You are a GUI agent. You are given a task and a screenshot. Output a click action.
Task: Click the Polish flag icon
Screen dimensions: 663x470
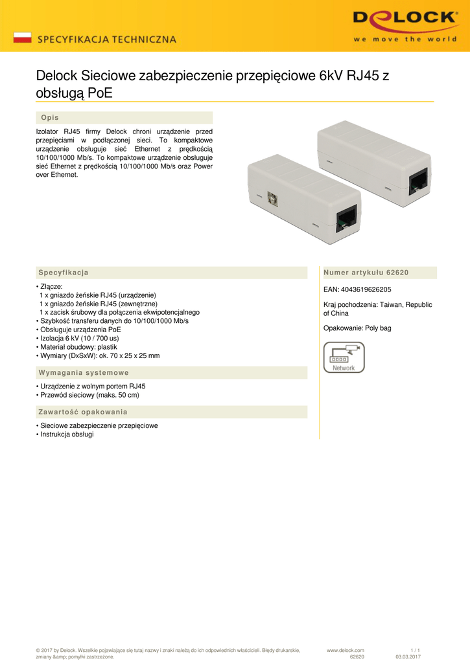(x=22, y=38)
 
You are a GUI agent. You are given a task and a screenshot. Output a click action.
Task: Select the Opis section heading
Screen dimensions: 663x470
(x=50, y=118)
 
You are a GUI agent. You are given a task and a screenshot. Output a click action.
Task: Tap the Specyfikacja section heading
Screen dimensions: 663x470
(x=64, y=273)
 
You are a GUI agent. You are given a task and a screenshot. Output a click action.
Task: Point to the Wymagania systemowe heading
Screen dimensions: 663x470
(x=84, y=373)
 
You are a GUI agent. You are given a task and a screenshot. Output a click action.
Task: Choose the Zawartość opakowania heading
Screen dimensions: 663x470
(x=83, y=412)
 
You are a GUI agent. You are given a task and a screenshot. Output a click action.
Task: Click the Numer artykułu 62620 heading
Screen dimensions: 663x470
(x=366, y=273)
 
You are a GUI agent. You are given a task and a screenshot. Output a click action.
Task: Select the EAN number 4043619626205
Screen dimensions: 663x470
(x=357, y=289)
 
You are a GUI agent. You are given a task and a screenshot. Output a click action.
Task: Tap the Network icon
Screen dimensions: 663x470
(x=344, y=357)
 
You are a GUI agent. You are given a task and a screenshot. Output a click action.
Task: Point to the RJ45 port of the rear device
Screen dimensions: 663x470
(x=418, y=182)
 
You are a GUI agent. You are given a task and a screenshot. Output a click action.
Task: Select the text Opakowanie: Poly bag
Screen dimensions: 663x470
(x=357, y=328)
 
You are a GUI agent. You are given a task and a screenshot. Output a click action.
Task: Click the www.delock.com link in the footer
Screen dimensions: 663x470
(x=346, y=650)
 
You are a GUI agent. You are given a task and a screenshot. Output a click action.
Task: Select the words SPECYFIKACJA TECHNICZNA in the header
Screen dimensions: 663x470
(x=107, y=39)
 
